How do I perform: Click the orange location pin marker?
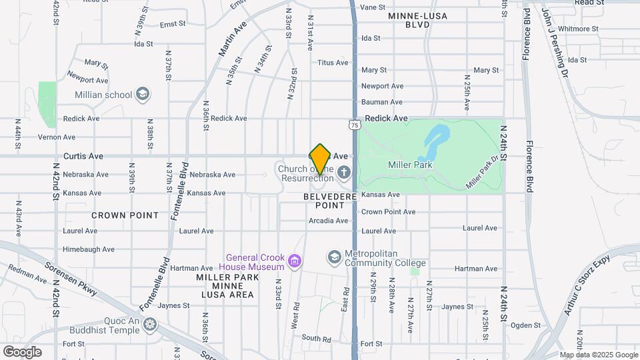point(320,159)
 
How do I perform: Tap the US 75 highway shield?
point(354,125)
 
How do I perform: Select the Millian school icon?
point(141,94)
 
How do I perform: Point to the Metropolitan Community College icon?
point(334,257)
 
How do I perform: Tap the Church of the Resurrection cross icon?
point(344,173)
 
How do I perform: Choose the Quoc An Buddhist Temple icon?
point(151,325)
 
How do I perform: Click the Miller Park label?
point(410,165)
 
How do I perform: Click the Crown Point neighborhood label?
point(125,215)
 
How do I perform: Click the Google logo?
point(22,351)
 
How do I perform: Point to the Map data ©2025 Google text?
point(599,355)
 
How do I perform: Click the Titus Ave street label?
point(333,63)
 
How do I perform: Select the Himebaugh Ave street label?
point(89,249)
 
